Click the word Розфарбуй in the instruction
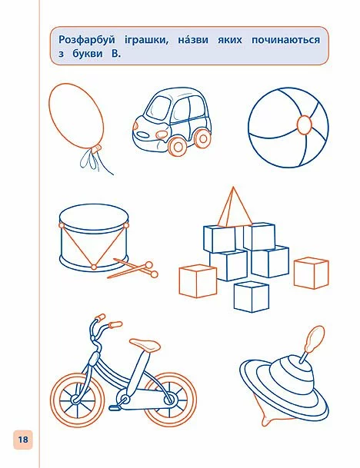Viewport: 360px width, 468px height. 87,40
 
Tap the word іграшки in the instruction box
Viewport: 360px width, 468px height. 147,40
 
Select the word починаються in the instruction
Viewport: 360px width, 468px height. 285,40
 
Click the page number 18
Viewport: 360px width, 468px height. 23,440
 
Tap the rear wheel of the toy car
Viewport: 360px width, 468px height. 203,138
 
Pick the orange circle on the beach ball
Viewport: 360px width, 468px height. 305,124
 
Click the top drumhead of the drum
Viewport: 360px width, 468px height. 94,215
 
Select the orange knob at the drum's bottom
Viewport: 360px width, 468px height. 94,267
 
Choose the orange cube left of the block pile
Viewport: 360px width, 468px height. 198,281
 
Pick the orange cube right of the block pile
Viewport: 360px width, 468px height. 312,273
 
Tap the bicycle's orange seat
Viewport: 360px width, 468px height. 145,345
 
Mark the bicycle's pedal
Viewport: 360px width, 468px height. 115,407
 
